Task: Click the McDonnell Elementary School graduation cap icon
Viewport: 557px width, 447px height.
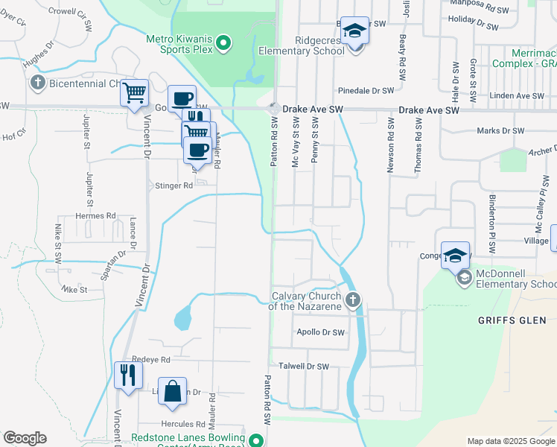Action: click(463, 278)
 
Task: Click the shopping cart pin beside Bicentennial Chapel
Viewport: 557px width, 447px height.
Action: click(135, 93)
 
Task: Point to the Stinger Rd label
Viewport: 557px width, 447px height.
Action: click(172, 186)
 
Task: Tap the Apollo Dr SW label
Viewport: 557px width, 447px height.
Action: click(321, 332)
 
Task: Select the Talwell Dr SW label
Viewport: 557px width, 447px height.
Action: click(303, 366)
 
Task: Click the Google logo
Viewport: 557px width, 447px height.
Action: click(25, 438)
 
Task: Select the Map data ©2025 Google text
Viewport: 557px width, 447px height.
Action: click(510, 441)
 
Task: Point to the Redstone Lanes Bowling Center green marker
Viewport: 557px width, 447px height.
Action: click(257, 440)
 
